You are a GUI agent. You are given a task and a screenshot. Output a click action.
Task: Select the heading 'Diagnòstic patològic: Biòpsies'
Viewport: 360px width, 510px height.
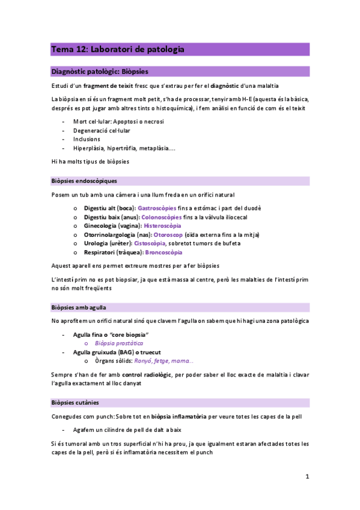(x=100, y=71)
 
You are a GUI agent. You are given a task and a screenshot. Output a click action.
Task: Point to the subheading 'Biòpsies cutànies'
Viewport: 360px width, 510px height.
(x=75, y=402)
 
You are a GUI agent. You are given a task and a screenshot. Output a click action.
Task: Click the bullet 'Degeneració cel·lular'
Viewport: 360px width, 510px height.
(x=102, y=130)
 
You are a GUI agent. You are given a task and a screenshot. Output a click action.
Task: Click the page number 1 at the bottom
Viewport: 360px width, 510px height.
(x=307, y=477)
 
